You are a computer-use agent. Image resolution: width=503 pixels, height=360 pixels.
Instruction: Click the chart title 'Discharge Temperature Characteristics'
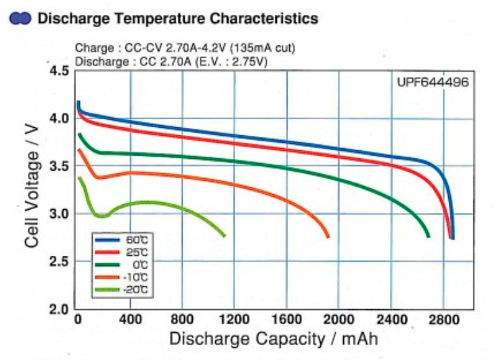pos(177,19)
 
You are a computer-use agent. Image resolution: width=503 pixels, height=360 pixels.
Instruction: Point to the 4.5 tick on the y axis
pos(60,71)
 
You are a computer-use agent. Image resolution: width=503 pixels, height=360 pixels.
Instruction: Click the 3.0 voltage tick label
pos(60,214)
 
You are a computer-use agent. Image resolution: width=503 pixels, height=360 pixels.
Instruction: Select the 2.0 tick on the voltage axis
pos(60,309)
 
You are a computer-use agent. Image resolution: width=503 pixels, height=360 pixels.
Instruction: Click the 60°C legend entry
pos(123,240)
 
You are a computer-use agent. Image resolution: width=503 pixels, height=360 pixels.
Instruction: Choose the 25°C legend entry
pos(123,252)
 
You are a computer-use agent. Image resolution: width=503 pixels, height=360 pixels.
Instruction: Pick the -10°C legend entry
pos(123,277)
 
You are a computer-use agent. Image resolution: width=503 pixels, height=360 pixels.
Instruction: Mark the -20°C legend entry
pos(123,289)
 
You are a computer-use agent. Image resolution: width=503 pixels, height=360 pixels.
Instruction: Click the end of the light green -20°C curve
pos(224,235)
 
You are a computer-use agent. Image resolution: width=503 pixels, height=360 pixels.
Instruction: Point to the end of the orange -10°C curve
pos(328,236)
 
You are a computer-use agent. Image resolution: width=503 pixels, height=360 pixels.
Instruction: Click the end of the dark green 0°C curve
pos(429,236)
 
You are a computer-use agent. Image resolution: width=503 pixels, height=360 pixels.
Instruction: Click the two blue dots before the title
pos(20,20)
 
